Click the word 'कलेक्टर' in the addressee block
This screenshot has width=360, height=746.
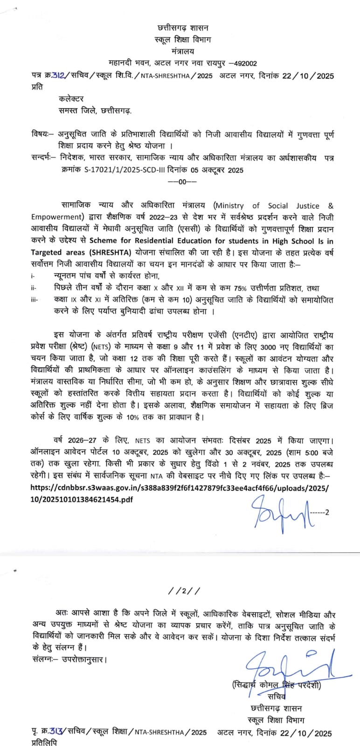pyautogui.click(x=71, y=99)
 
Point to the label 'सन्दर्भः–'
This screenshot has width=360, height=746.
pyautogui.click(x=45, y=158)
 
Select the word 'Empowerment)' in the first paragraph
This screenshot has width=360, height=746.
pyautogui.click(x=57, y=217)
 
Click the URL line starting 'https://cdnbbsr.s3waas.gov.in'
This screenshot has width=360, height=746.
pyautogui.click(x=180, y=488)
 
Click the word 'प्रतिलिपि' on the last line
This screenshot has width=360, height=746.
pyautogui.click(x=44, y=742)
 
